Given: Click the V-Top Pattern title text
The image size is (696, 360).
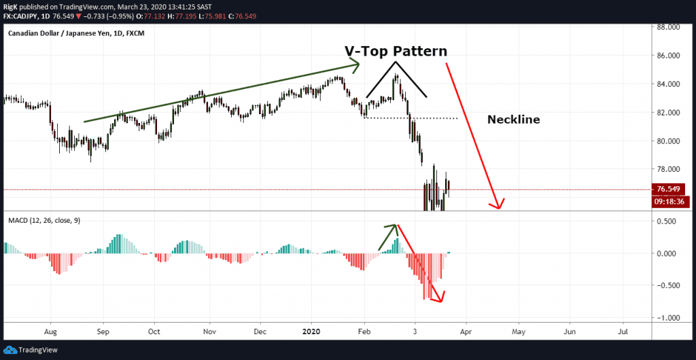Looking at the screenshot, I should (x=394, y=52).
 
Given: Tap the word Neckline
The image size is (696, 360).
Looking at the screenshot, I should (x=513, y=120).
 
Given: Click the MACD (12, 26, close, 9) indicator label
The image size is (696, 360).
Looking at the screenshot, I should (x=43, y=221).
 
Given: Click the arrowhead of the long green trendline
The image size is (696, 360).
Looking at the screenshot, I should (x=355, y=65).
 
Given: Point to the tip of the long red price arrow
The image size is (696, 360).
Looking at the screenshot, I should (x=500, y=207).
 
